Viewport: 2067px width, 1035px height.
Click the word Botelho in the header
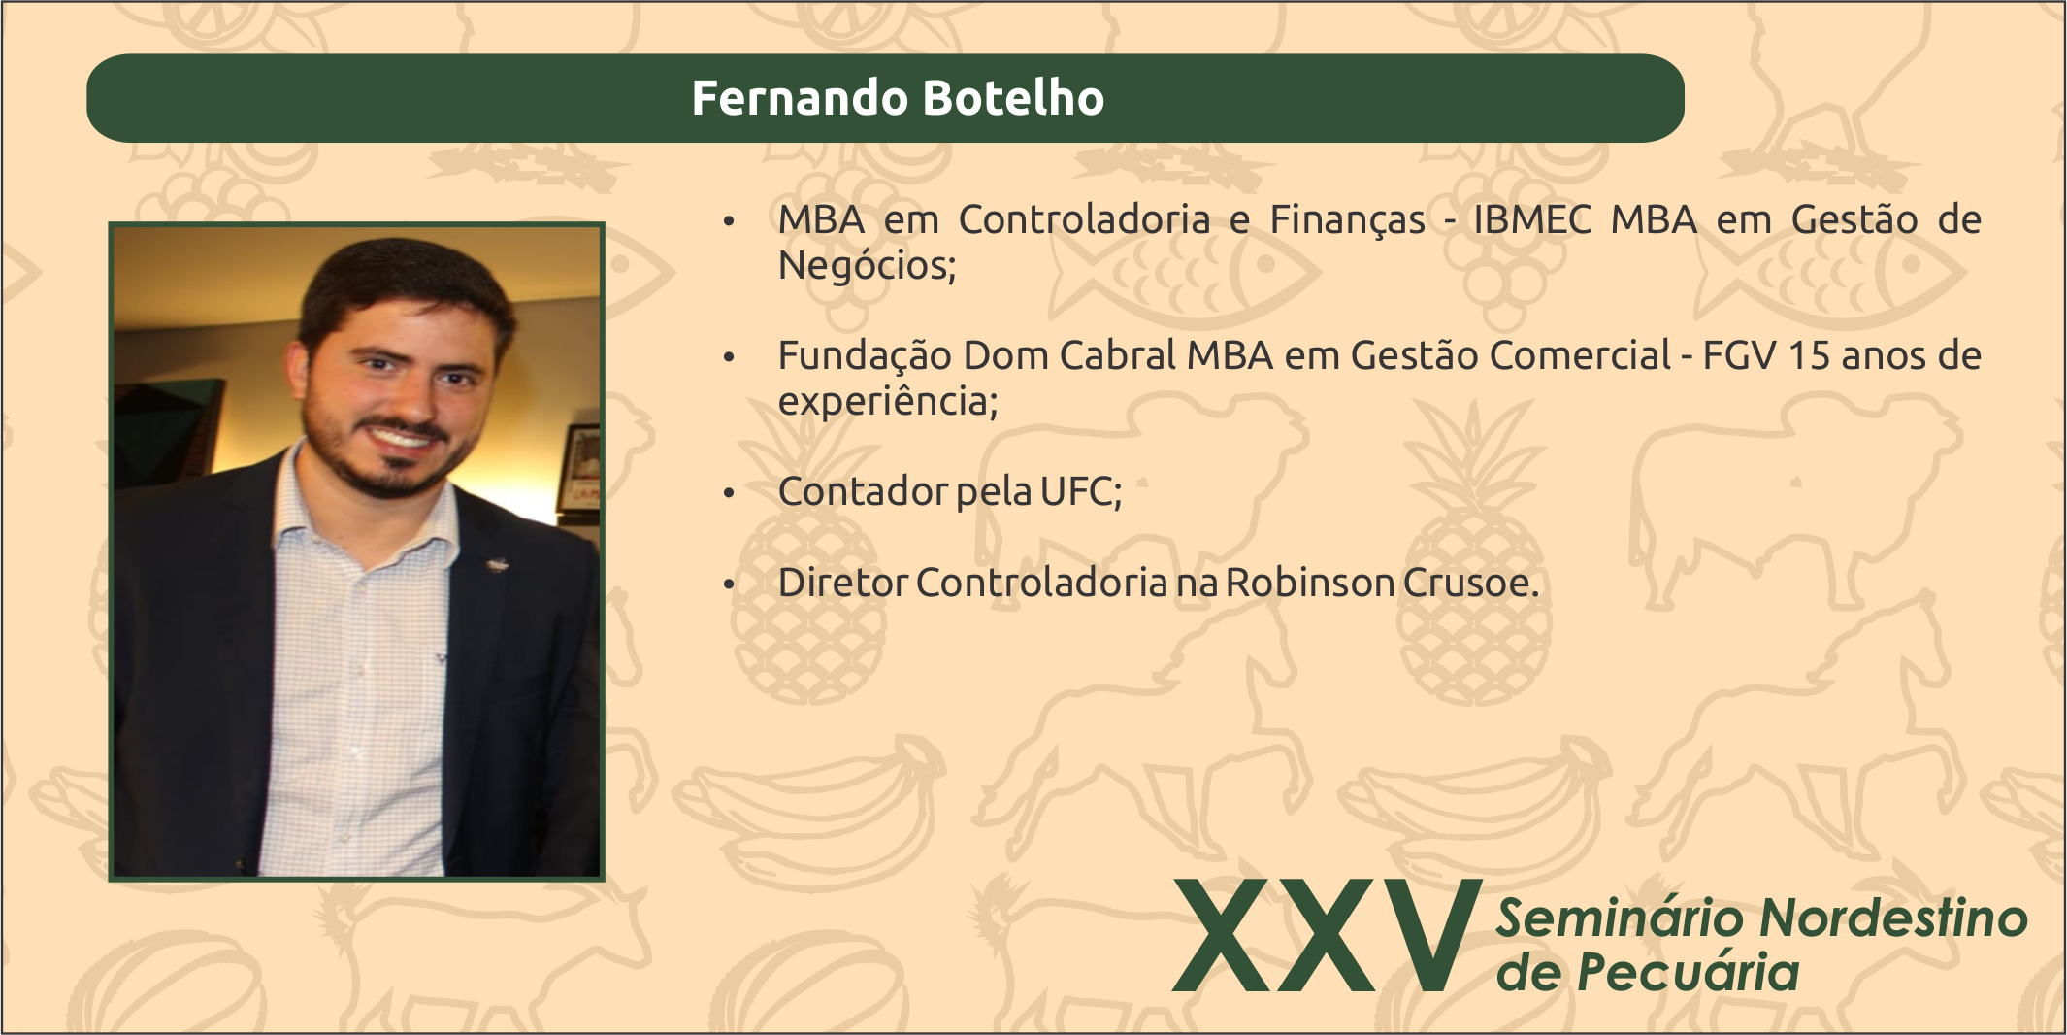pyautogui.click(x=1014, y=98)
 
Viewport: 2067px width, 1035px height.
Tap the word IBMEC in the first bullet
pyautogui.click(x=1533, y=220)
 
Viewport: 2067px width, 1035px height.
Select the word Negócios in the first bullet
pyautogui.click(x=867, y=265)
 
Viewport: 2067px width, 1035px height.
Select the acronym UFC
pyautogui.click(x=1080, y=492)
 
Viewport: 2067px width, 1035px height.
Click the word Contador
pyautogui.click(x=863, y=492)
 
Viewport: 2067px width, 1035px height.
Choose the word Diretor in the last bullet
pyautogui.click(x=843, y=583)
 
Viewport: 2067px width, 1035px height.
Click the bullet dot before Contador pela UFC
pyautogui.click(x=730, y=493)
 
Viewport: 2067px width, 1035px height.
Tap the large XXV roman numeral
pyautogui.click(x=1326, y=935)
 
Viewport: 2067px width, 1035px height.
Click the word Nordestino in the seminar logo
pyautogui.click(x=1892, y=918)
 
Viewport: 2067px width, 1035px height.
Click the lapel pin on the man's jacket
pyautogui.click(x=498, y=562)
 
